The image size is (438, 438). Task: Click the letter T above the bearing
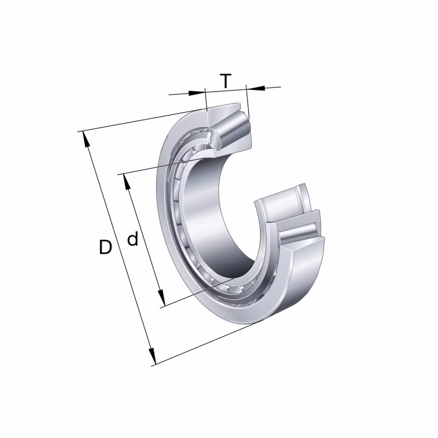coord(226,81)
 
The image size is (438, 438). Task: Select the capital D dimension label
coord(105,247)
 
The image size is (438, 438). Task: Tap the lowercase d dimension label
coord(132,239)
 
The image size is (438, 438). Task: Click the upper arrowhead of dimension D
coord(86,138)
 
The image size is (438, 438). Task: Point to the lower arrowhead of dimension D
coord(153,358)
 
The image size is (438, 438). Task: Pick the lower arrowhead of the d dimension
coord(162,301)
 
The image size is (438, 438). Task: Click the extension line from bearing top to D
coord(137,122)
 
